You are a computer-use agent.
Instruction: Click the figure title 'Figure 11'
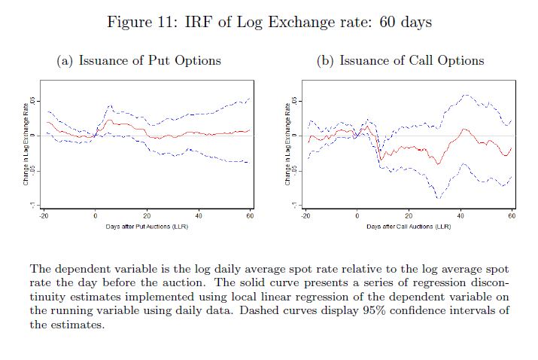coord(140,22)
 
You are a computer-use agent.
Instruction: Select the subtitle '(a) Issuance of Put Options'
coord(139,61)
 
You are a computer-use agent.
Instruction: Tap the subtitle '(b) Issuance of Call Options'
coord(400,61)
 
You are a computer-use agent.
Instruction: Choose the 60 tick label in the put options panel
coord(250,216)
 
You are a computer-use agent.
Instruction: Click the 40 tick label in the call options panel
coord(460,216)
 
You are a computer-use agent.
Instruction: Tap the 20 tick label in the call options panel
coord(409,216)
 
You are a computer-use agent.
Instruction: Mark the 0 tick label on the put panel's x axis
coord(95,216)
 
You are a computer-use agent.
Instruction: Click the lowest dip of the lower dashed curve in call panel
coord(439,197)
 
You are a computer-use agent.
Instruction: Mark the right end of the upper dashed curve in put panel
coord(249,99)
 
